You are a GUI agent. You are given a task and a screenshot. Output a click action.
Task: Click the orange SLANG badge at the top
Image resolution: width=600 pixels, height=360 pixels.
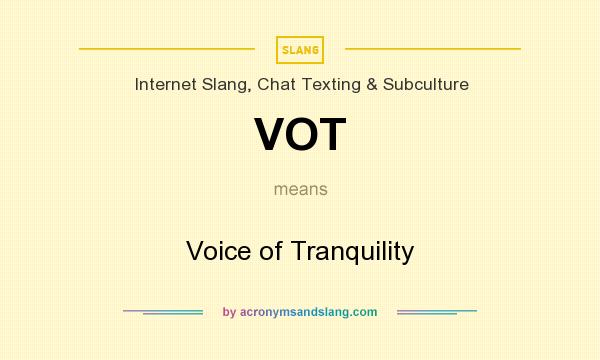[300, 49]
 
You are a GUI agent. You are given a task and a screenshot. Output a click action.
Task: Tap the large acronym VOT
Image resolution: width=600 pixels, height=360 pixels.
[300, 134]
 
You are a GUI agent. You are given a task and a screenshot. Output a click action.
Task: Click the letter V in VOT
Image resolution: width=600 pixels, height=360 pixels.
[272, 134]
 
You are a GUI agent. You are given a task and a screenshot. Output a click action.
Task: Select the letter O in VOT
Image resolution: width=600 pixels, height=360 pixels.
[303, 134]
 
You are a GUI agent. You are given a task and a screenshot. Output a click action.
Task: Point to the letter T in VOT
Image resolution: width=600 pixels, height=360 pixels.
[332, 134]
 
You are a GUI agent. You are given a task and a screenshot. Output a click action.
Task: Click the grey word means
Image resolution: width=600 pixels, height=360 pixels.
[300, 188]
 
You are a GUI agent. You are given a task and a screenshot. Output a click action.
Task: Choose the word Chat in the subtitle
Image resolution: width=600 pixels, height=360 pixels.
[278, 85]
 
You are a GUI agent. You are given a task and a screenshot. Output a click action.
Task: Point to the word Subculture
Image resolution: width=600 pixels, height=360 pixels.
[424, 85]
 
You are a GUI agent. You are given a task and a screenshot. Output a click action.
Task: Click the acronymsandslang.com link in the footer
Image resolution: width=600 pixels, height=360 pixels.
[309, 312]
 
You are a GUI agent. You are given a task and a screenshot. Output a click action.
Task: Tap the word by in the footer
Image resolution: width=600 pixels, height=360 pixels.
[229, 312]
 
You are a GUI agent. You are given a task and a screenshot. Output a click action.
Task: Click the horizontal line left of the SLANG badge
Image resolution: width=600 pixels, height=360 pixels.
[167, 48]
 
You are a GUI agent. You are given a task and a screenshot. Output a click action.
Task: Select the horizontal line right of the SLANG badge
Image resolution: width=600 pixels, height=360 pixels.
[432, 48]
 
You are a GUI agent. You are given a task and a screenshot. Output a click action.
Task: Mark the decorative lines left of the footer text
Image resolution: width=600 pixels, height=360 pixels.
[163, 312]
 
